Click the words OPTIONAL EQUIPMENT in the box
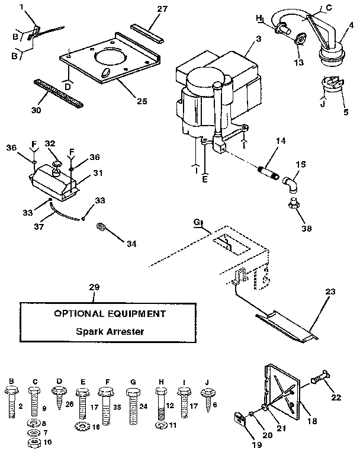click(x=110, y=313)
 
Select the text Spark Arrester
click(x=110, y=331)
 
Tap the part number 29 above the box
click(x=94, y=288)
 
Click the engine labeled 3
click(x=216, y=95)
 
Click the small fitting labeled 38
click(x=291, y=204)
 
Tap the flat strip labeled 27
click(x=145, y=36)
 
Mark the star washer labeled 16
click(x=80, y=425)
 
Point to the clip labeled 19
click(x=238, y=419)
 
